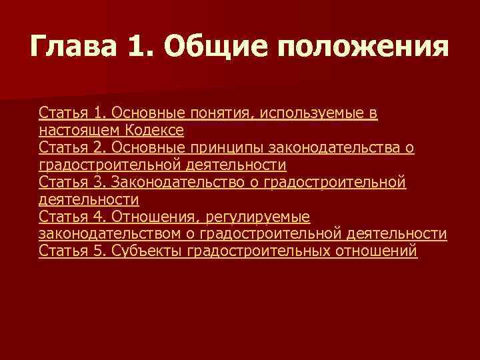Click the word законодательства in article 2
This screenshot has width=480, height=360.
click(332, 147)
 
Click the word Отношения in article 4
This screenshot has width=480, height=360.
click(151, 217)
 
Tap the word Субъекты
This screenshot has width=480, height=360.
click(147, 251)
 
